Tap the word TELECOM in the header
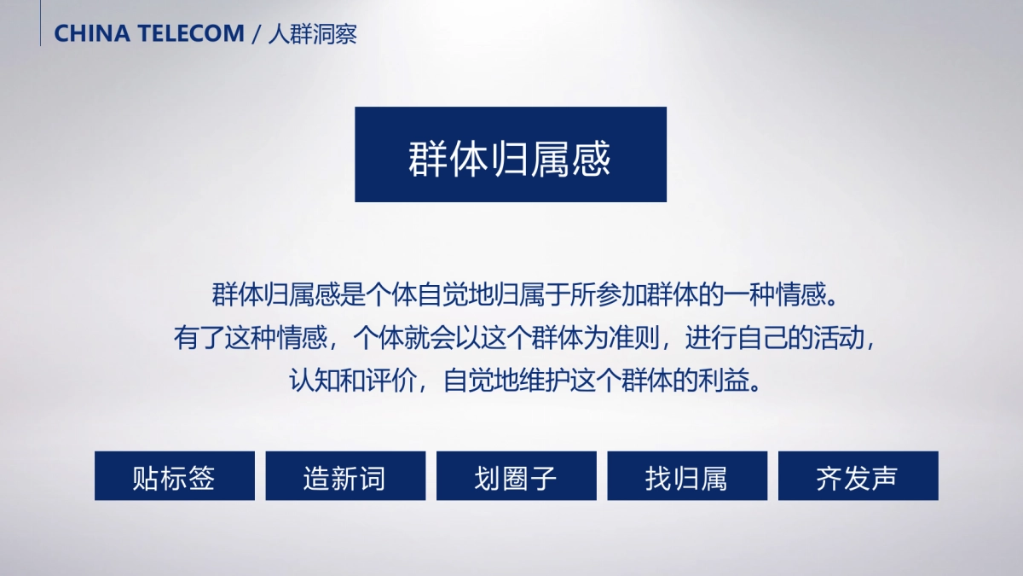[x=188, y=34]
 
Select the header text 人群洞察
[x=312, y=34]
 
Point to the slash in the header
[x=256, y=34]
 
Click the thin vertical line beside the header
[x=40, y=23]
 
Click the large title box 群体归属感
[x=510, y=154]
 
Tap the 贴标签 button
[x=174, y=476]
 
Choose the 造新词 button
[x=344, y=476]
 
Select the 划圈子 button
[x=516, y=476]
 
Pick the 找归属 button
[x=686, y=476]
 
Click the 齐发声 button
[x=857, y=476]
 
